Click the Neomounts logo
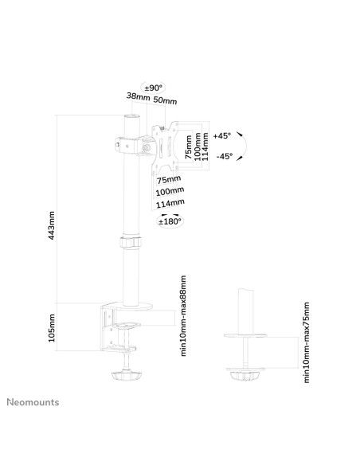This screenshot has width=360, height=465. pos(33,402)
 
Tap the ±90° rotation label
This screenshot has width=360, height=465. pos(153,88)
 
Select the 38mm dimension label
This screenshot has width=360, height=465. pos(139,96)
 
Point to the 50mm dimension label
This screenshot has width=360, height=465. pos(165,100)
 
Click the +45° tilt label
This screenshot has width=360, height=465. pos(222,136)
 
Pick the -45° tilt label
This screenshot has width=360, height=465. pos(225,156)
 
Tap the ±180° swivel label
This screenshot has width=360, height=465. pos(170,221)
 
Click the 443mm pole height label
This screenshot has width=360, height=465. pos(52,225)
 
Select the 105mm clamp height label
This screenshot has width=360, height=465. pos(52,328)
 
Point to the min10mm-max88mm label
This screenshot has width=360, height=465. pos(183,315)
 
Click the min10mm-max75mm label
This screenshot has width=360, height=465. pos(307,342)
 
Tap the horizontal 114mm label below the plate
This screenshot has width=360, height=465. pos(170,204)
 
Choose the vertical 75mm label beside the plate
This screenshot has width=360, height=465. pos(189,147)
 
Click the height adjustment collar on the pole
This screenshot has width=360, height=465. pos(131,242)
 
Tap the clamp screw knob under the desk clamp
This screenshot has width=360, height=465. pos(127,376)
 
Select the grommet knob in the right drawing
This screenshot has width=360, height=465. pos(245,376)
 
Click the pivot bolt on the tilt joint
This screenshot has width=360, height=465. pos(147,147)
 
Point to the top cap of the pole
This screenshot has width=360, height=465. pos(132,116)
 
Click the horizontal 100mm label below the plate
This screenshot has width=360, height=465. pos(170,191)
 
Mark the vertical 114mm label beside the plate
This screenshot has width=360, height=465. pos(205,147)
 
